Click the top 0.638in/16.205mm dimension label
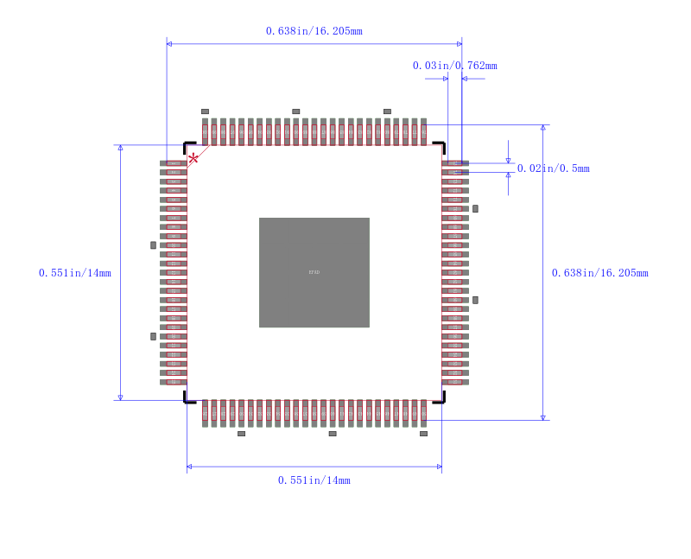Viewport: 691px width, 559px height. coord(314,31)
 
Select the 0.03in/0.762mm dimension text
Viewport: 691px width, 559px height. coord(454,66)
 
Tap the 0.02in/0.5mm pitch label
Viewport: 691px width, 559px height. coord(553,168)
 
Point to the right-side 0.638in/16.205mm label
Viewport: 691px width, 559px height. coord(599,273)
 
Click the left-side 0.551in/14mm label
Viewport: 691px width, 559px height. coord(75,273)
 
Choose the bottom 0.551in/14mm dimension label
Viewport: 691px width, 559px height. coord(314,480)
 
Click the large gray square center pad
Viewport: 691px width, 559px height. coord(314,272)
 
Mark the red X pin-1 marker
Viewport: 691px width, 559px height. coord(193,157)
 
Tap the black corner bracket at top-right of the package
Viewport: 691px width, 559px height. coord(440,147)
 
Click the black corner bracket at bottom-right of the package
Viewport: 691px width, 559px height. coord(440,398)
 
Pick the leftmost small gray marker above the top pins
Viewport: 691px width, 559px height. coord(205,111)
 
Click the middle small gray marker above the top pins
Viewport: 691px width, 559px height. coord(295,111)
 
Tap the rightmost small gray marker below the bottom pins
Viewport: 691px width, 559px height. coord(423,434)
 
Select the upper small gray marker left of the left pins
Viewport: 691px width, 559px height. coord(153,245)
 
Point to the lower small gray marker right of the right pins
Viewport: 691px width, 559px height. coord(475,300)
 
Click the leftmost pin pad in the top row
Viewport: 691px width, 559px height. coord(205,132)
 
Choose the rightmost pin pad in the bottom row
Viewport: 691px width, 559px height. coord(423,413)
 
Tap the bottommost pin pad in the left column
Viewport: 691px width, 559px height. coord(174,381)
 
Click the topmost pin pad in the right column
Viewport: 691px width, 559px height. coord(455,163)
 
